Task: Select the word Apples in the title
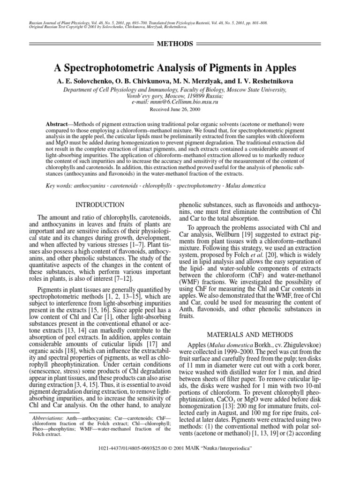coord(279,67)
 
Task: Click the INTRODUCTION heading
coord(100,205)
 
